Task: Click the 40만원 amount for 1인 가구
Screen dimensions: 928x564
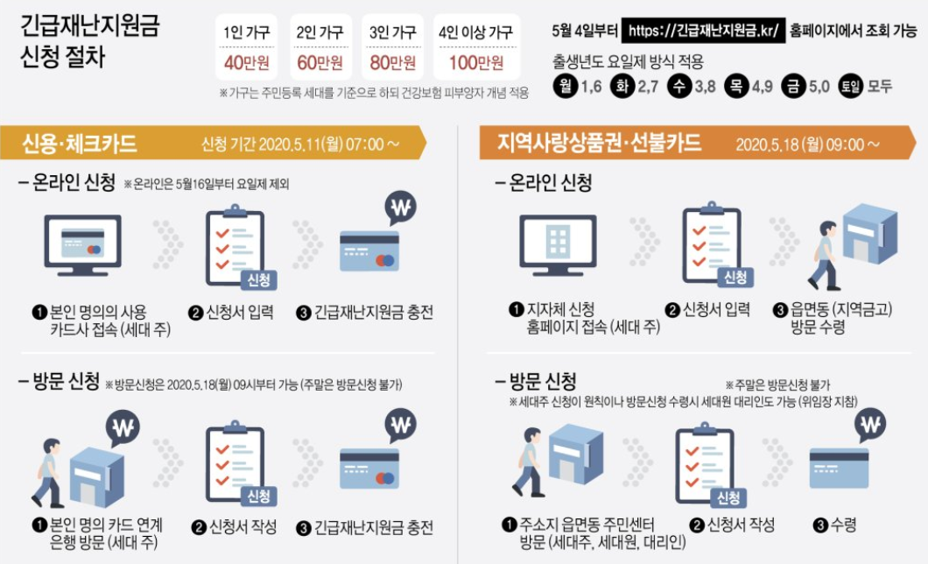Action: click(246, 62)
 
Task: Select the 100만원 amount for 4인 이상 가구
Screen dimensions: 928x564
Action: click(476, 62)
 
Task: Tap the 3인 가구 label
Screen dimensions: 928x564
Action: click(392, 32)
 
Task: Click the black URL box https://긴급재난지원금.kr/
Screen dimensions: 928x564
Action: click(704, 30)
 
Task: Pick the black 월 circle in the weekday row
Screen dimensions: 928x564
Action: click(566, 87)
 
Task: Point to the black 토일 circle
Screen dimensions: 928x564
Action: click(850, 87)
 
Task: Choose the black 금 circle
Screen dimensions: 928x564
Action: click(793, 87)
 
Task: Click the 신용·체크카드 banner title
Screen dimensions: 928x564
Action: click(80, 144)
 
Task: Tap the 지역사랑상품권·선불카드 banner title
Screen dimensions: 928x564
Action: click(598, 143)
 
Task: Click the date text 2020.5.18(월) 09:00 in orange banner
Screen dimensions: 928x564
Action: click(800, 145)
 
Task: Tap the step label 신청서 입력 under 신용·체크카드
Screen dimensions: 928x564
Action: click(239, 312)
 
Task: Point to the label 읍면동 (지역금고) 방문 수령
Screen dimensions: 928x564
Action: click(841, 318)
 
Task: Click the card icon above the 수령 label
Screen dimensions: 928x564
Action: click(839, 468)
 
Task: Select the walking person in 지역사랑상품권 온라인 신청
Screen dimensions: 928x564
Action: click(825, 256)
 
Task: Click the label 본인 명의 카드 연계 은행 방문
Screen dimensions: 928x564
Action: click(105, 533)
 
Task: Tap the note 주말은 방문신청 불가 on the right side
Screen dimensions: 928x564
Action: click(777, 385)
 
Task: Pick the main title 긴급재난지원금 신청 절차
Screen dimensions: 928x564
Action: click(90, 41)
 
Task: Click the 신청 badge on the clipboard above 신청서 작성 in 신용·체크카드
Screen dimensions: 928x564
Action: click(258, 496)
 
